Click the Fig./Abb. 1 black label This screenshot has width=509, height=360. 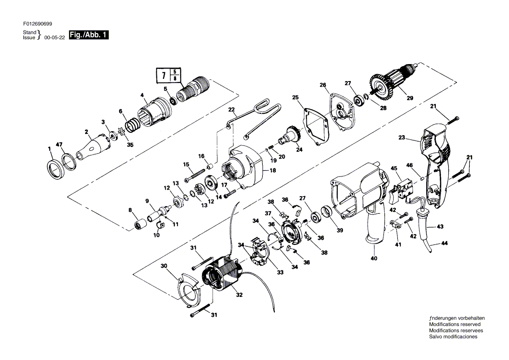[x=88, y=35]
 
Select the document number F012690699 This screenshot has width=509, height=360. [x=37, y=24]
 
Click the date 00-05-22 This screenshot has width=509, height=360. [x=54, y=37]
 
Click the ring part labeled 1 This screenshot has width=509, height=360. [x=54, y=169]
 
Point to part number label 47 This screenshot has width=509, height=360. [x=59, y=144]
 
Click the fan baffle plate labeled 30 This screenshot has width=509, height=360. [x=190, y=289]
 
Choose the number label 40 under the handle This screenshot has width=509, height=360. [x=374, y=258]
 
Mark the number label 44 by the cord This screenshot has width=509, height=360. [x=445, y=243]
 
